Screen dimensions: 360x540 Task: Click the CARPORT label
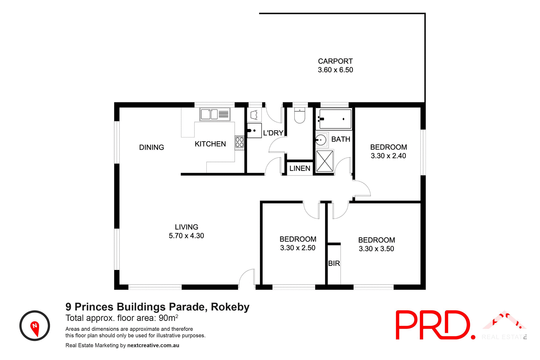click(335, 61)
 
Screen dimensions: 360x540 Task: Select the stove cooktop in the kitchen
click(239, 142)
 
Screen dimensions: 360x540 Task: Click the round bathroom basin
click(321, 139)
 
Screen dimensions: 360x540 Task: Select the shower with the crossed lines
click(325, 161)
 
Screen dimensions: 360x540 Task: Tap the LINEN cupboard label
click(300, 168)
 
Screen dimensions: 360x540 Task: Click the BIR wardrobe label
click(334, 264)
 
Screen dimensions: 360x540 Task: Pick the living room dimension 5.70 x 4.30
click(186, 236)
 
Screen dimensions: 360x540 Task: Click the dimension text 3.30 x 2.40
click(388, 156)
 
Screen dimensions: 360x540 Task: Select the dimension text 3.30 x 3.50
click(376, 249)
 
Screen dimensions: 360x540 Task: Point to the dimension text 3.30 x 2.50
click(298, 248)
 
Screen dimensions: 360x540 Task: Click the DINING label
click(152, 147)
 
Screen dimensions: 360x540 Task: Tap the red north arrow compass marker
click(35, 328)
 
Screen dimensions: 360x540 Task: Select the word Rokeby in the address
click(230, 307)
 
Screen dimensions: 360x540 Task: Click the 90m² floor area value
click(168, 318)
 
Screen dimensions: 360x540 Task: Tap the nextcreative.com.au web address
click(153, 345)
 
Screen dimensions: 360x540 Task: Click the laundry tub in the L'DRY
click(254, 130)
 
